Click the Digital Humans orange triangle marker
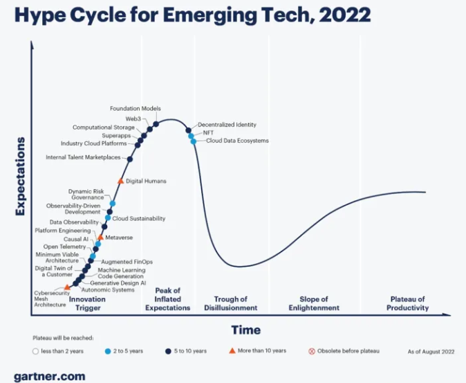click(x=120, y=181)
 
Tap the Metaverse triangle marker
click(x=100, y=237)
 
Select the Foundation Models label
click(x=136, y=109)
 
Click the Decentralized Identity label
click(x=227, y=125)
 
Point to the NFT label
click(x=207, y=132)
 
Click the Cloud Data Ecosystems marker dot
click(x=194, y=141)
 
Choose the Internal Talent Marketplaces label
click(x=83, y=157)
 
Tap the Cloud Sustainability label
click(x=138, y=218)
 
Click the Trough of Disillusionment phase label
click(x=231, y=303)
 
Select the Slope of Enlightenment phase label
click(x=314, y=303)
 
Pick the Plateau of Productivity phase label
click(x=407, y=303)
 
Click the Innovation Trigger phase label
click(x=88, y=303)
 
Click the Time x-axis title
click(x=245, y=329)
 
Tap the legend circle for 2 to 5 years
click(x=107, y=351)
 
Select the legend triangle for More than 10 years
click(x=232, y=350)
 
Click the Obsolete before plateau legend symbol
click(x=311, y=351)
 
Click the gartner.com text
click(x=49, y=376)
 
